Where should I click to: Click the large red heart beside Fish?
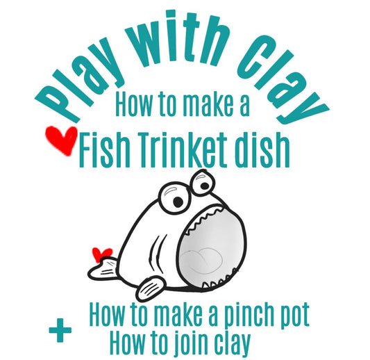[61, 140]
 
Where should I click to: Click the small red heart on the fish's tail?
[101, 254]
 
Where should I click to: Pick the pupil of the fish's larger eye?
[178, 201]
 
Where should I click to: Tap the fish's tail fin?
[102, 270]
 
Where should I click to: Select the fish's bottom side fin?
[151, 288]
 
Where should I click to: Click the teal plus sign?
[60, 330]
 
